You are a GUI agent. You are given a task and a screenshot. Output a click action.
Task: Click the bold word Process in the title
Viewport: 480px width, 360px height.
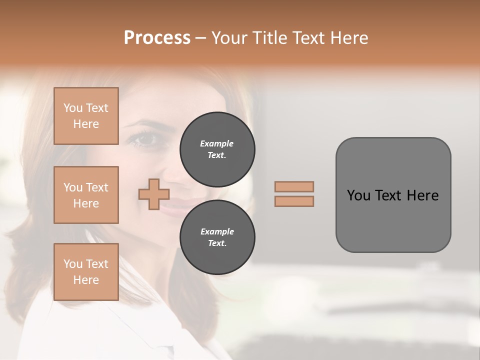coord(157,37)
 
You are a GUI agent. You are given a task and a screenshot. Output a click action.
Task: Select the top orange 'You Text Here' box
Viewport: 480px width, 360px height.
coord(86,116)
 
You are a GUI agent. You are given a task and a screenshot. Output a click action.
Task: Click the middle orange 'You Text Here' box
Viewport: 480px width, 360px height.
coord(86,195)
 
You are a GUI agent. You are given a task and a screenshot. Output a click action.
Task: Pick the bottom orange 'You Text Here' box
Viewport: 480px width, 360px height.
coord(86,272)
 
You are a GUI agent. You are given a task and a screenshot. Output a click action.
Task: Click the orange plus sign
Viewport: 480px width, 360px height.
coord(153,194)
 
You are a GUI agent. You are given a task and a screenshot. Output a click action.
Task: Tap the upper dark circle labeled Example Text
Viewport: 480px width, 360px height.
coord(217,149)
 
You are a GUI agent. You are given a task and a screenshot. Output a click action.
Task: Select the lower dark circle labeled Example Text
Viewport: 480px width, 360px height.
coord(217,237)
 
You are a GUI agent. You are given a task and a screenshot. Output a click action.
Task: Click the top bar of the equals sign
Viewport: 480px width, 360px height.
coord(294,186)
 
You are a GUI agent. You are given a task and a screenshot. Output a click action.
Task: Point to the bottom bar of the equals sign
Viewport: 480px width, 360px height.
coord(294,201)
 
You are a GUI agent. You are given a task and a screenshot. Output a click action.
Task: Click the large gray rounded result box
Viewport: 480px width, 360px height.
coord(393,195)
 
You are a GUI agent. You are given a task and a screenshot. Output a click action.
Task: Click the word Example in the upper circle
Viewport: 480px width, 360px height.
coord(217,143)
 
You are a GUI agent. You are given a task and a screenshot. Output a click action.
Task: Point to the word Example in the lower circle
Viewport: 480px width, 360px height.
coord(217,231)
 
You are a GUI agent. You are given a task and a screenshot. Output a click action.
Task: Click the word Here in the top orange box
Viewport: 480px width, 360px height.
coord(86,124)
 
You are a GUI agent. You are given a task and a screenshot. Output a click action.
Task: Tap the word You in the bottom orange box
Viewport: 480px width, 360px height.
coord(73,264)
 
